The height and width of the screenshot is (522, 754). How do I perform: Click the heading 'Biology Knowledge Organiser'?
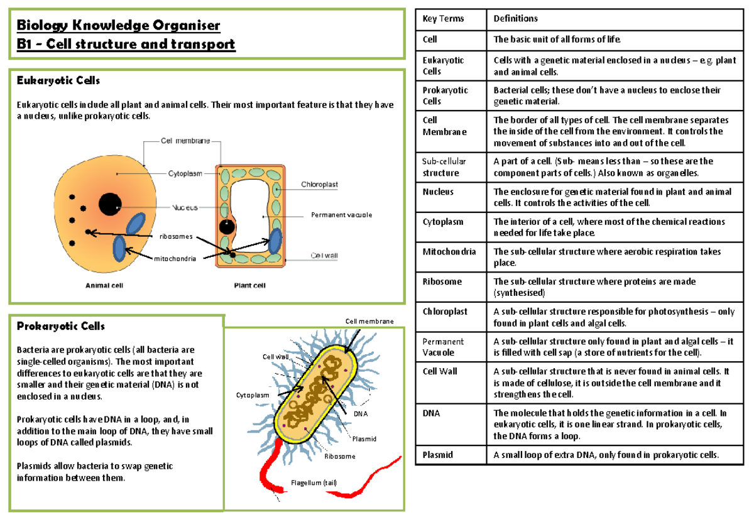click(119, 26)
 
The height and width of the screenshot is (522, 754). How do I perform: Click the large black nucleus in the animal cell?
click(110, 203)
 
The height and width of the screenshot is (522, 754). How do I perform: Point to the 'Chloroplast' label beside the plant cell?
click(319, 185)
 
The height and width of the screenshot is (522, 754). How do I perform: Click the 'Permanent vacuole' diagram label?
click(341, 215)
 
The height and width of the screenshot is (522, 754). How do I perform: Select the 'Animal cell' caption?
click(104, 286)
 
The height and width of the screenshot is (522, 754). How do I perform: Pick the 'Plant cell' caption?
click(249, 286)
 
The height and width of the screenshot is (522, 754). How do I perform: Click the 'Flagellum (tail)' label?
click(314, 482)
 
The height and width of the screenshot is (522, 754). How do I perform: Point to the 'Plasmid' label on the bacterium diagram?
click(364, 438)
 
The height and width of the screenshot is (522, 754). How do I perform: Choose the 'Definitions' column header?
click(515, 19)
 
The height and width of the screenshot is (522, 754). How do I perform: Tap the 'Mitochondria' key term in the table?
click(449, 252)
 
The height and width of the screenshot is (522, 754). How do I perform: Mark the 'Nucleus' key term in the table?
click(438, 192)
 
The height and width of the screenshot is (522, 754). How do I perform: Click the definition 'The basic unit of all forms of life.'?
click(556, 40)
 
